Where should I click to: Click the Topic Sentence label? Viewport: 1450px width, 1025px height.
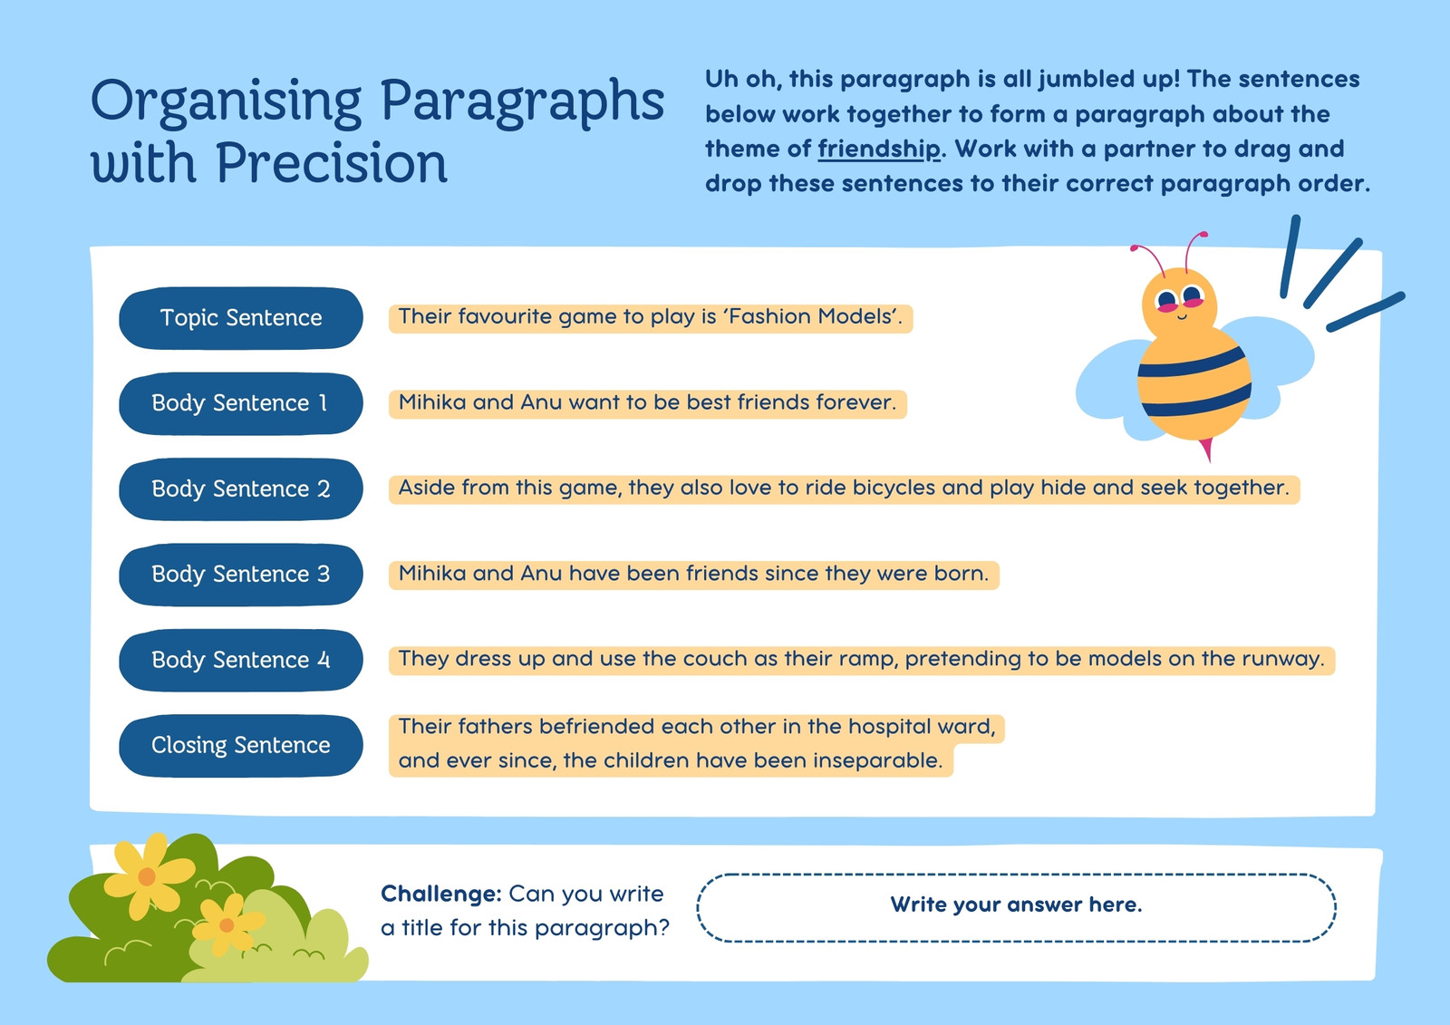pyautogui.click(x=241, y=318)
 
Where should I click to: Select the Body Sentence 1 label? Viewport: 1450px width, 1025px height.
pyautogui.click(x=241, y=403)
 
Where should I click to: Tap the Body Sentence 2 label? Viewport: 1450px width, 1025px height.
pyautogui.click(x=241, y=488)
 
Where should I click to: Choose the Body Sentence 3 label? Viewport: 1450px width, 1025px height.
pyautogui.click(x=241, y=575)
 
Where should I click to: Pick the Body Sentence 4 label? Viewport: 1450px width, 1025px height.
pyautogui.click(x=241, y=660)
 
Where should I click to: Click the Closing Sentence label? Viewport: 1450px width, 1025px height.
pyautogui.click(x=241, y=745)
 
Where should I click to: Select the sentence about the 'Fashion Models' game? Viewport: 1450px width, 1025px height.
pyautogui.click(x=651, y=318)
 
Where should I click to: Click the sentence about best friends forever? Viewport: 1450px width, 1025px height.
pyautogui.click(x=647, y=403)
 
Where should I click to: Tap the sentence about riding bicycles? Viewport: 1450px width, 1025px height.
pyautogui.click(x=844, y=488)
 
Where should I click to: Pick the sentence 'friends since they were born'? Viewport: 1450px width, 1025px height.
pyautogui.click(x=694, y=575)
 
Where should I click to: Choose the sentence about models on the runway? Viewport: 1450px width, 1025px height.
pyautogui.click(x=862, y=660)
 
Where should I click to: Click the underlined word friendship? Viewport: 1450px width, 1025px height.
pyautogui.click(x=878, y=150)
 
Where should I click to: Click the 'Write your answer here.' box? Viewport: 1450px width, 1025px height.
pyautogui.click(x=1016, y=907)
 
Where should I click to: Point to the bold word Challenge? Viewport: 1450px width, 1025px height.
pyautogui.click(x=440, y=894)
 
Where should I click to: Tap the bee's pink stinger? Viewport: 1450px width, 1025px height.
pyautogui.click(x=1206, y=449)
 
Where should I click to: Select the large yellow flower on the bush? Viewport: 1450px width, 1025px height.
pyautogui.click(x=149, y=875)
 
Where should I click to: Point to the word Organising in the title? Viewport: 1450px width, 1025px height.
pyautogui.click(x=226, y=103)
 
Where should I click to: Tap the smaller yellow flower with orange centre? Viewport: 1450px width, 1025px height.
pyautogui.click(x=227, y=924)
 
